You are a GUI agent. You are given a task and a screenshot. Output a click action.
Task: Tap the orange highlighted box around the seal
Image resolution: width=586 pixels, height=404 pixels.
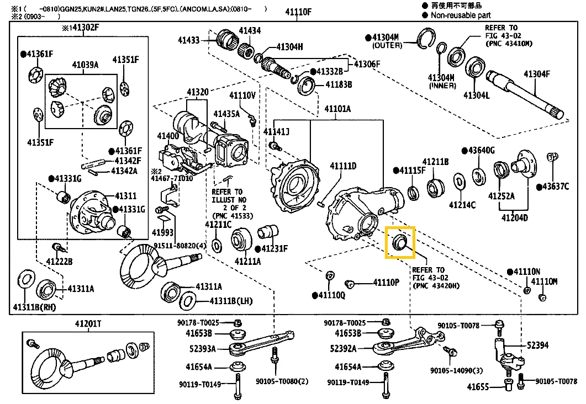point(400,243)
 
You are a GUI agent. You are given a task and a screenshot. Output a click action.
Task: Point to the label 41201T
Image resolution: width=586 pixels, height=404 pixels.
point(88,324)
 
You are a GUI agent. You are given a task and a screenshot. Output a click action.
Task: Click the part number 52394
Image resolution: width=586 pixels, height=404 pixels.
point(537,345)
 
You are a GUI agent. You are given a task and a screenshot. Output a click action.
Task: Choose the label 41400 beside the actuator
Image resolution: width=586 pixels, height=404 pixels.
point(167,136)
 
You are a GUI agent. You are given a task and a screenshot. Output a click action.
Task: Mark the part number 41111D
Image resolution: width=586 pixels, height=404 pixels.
point(343,166)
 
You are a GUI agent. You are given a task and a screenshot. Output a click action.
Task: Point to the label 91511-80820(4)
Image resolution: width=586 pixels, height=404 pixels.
point(180,245)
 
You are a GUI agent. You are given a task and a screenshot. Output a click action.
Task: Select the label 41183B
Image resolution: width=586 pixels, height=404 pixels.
point(339,84)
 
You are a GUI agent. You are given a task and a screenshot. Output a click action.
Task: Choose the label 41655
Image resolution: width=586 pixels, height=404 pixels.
point(476,387)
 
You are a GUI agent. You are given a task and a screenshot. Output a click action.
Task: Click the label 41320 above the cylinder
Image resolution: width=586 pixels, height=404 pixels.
point(197,92)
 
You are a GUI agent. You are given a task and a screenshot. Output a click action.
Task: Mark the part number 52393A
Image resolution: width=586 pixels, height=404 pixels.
point(203,349)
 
